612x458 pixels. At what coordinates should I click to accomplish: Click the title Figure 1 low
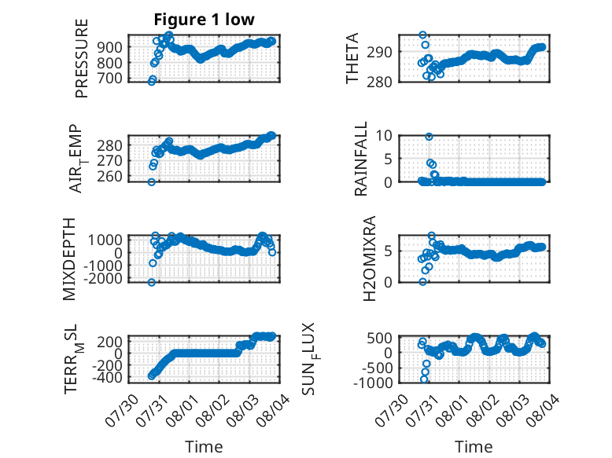pos(204,20)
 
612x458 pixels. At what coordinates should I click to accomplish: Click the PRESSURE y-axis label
pos(82,58)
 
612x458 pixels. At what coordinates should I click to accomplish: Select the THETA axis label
pos(352,58)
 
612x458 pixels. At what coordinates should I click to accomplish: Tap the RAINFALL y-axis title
pos(360,159)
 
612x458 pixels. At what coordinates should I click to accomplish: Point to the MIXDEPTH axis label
pos(68,259)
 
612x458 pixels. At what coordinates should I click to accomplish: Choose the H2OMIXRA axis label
pos(369,258)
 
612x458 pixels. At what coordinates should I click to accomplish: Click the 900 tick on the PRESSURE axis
pos(109,47)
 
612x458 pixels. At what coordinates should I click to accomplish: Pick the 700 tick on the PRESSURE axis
pos(109,78)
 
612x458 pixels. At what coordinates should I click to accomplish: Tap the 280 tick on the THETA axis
pos(379,82)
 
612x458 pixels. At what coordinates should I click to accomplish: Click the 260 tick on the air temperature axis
pos(109,176)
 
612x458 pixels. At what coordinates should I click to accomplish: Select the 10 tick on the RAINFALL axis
pos(384,136)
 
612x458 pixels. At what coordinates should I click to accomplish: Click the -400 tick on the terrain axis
pos(107,377)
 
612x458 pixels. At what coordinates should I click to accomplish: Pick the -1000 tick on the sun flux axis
pos(373,383)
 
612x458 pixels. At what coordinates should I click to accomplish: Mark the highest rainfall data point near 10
pos(429,137)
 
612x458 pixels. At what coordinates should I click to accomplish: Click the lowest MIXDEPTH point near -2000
pos(152,282)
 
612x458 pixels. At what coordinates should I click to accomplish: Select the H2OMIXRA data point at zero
pos(422,281)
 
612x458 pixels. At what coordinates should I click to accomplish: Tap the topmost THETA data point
pos(422,35)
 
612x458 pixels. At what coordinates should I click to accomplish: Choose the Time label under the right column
pos(474,446)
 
